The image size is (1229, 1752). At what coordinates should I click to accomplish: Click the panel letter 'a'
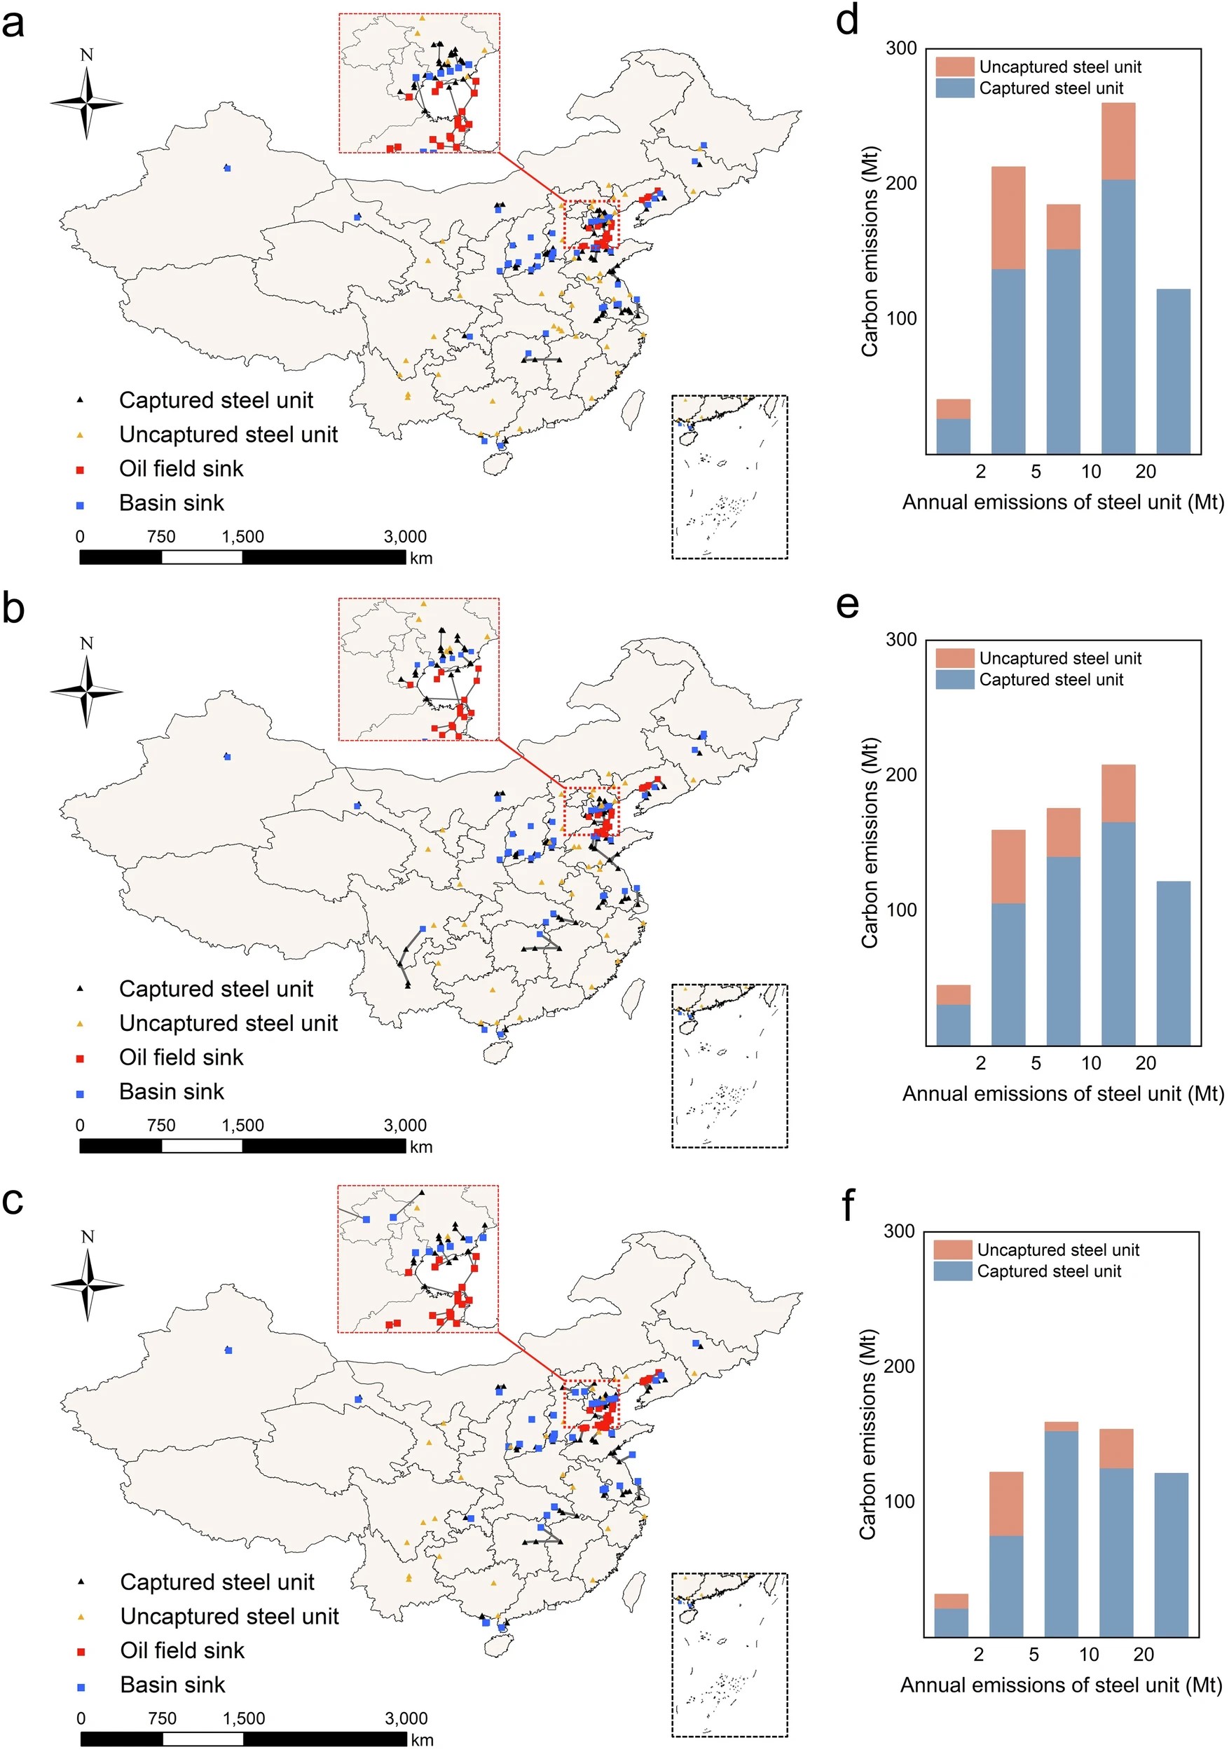point(13,23)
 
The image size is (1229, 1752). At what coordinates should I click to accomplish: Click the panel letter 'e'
point(847,604)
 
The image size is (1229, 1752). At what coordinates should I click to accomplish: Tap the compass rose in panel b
point(87,690)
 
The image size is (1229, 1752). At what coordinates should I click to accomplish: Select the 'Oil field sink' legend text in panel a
point(181,469)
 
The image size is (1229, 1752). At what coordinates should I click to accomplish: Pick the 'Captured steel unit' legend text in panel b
point(216,989)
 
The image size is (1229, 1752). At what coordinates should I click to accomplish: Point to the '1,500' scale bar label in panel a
point(242,536)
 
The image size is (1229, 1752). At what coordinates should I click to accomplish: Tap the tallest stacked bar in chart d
point(1118,278)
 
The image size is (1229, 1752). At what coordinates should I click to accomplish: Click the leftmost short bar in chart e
point(953,1015)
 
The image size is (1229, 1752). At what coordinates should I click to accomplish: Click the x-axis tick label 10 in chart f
point(1088,1655)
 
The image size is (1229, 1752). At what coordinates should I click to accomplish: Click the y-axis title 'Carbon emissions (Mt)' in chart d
point(870,252)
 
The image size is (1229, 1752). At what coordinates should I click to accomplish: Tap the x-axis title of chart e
point(1063,1093)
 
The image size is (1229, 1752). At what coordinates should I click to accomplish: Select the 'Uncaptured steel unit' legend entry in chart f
point(1057,1250)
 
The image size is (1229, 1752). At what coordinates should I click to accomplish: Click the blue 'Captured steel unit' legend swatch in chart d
point(954,88)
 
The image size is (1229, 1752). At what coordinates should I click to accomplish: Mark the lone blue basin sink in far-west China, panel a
point(227,168)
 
